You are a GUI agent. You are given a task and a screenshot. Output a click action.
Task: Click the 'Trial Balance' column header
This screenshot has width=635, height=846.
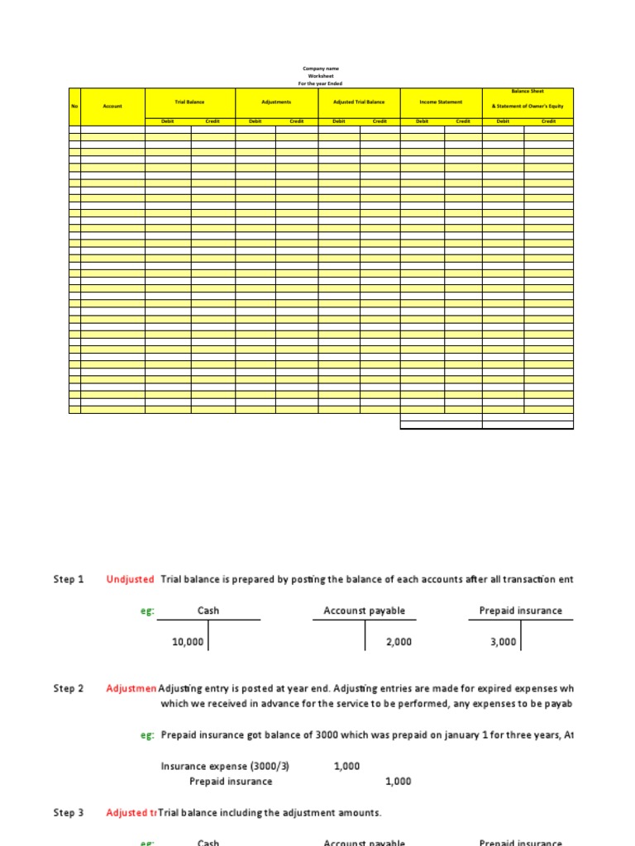tap(189, 102)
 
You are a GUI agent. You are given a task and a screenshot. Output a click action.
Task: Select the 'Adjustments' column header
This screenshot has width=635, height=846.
tap(276, 102)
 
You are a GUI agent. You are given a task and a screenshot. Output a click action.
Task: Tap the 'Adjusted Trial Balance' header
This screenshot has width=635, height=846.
tap(359, 102)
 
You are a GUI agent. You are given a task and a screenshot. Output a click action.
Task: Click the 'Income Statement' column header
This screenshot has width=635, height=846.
tap(441, 102)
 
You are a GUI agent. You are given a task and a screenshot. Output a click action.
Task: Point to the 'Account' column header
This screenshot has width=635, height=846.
tap(112, 107)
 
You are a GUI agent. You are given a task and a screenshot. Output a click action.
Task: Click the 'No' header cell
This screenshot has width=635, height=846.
tap(74, 107)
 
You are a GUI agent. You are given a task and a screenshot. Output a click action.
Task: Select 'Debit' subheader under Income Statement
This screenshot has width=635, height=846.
tap(422, 121)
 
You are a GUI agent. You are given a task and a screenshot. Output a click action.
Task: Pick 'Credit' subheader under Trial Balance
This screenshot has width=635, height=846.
tap(212, 121)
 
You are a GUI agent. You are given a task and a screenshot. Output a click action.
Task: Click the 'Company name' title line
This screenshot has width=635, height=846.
tap(320, 69)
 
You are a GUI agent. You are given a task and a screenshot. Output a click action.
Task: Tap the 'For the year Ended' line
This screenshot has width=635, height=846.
tap(320, 83)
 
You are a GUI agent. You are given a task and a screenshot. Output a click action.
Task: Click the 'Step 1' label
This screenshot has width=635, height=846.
tap(69, 580)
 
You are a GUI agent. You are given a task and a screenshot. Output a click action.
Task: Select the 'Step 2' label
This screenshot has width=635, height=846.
tap(69, 688)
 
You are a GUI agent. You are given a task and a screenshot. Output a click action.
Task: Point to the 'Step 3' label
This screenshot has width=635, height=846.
tap(69, 813)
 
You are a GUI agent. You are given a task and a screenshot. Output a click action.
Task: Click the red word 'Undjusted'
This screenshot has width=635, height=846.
tap(130, 580)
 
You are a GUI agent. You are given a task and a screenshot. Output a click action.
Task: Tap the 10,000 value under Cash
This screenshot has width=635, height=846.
tap(188, 642)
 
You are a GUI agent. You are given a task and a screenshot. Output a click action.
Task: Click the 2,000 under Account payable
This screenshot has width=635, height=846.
tap(399, 642)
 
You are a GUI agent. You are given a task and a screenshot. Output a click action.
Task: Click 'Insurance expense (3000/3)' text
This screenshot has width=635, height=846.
tap(225, 766)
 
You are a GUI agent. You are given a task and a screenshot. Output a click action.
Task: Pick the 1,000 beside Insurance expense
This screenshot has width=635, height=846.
tap(346, 766)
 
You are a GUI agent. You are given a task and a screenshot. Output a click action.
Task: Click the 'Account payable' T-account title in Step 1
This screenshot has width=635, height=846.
tap(365, 611)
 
